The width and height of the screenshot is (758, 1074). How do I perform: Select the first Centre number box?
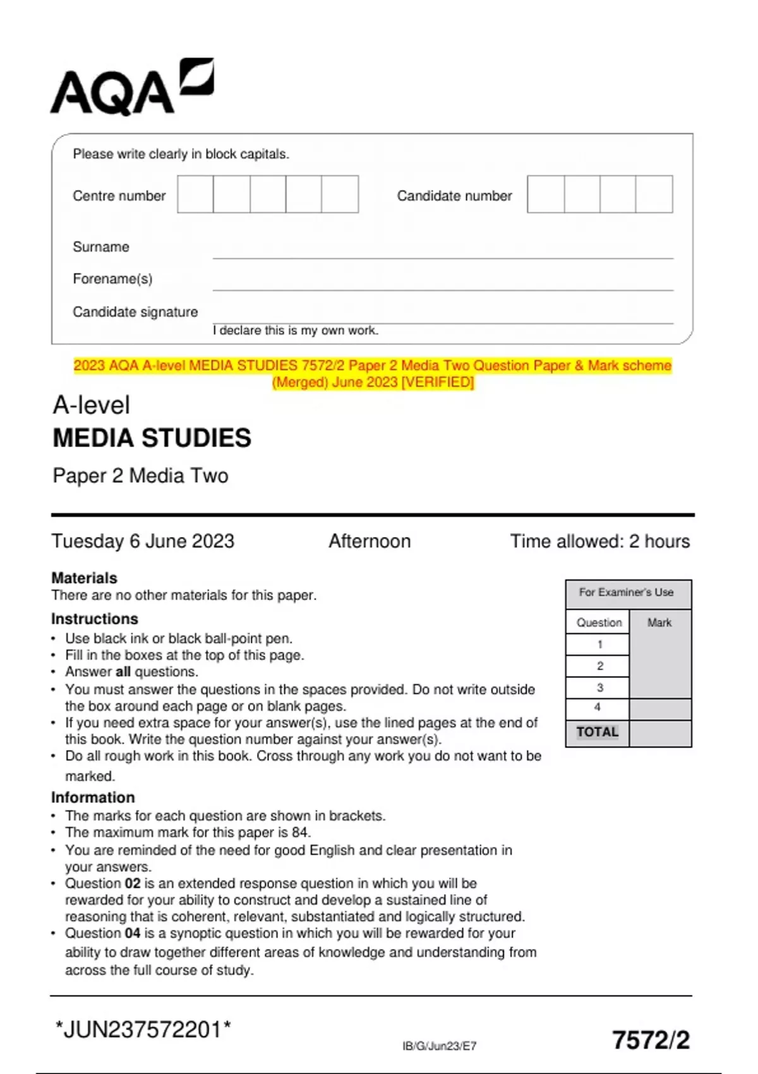[195, 195]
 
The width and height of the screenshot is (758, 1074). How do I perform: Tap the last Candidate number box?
[654, 195]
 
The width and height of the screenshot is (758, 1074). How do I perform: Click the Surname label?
[101, 247]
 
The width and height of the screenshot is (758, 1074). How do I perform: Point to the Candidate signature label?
[135, 312]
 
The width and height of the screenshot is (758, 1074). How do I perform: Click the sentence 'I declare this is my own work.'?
[296, 330]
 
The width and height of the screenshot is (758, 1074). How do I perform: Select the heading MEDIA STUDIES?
[152, 438]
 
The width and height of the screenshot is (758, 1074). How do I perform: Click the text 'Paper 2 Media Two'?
[140, 476]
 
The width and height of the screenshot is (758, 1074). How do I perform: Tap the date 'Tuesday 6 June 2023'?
[143, 541]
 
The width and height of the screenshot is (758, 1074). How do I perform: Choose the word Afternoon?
[370, 541]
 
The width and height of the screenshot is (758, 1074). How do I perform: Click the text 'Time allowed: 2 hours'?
[600, 541]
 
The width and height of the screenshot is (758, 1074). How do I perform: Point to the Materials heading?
[84, 578]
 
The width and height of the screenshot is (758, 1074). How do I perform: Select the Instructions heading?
[95, 619]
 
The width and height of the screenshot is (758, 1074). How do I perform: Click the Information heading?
[93, 797]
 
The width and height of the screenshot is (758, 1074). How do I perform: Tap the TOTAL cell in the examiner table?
[597, 732]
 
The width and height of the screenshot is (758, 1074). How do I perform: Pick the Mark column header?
[659, 623]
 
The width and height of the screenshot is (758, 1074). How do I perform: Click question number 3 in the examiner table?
[599, 687]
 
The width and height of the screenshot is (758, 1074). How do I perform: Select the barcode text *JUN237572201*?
[143, 1030]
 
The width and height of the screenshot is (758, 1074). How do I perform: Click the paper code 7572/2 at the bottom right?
[651, 1040]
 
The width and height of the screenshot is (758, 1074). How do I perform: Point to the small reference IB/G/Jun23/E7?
[440, 1046]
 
